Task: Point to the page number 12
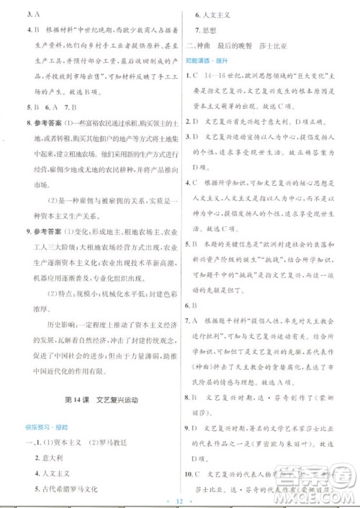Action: tap(180, 499)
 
